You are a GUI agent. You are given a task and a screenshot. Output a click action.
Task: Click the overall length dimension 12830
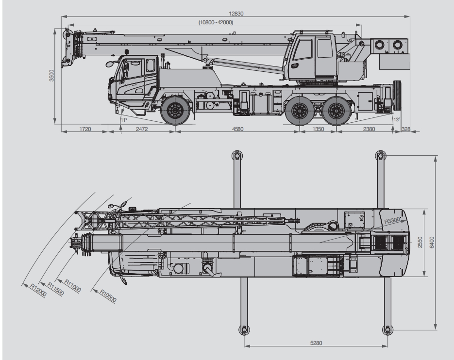point(236,14)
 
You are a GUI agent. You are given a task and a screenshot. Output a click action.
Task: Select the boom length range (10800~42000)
point(216,22)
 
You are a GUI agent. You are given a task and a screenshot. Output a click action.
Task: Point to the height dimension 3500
point(51,76)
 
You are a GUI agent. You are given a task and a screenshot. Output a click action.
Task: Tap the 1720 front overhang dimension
point(85,129)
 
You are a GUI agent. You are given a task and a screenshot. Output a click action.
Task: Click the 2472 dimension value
point(142,129)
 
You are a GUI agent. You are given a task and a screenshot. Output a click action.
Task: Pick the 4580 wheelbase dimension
point(238,129)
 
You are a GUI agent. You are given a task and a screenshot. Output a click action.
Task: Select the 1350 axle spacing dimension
point(318,129)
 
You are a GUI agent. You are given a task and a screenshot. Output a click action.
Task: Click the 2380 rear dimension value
point(369,129)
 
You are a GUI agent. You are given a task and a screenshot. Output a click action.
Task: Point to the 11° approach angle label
point(124,120)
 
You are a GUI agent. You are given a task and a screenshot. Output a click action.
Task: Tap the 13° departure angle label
point(397,119)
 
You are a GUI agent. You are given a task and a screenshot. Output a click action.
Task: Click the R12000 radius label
point(38,290)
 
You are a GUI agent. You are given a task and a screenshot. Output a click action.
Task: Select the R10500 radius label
point(108,296)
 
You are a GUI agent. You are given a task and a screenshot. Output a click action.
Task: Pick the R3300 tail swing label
point(392,221)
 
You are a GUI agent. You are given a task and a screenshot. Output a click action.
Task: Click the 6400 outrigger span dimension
point(432,242)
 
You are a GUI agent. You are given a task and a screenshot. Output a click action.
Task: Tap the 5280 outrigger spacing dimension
point(316,343)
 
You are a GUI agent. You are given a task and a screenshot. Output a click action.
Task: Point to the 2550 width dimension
point(420,242)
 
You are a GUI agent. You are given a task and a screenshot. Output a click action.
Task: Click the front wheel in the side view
point(175,111)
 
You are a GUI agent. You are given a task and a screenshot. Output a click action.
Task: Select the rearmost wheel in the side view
point(336,111)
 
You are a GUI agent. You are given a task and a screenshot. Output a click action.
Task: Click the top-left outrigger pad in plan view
point(237,156)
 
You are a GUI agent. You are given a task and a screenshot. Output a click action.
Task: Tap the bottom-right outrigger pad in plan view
point(387,329)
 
